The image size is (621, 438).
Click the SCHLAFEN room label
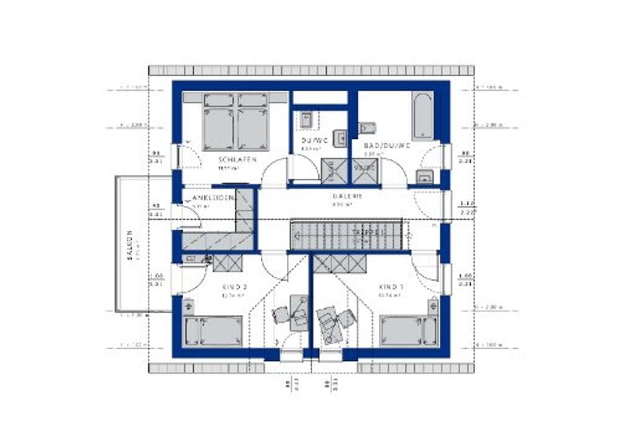[238, 159]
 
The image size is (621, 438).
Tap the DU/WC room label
[314, 141]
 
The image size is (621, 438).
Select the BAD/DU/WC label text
[387, 146]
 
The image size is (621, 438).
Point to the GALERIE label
[347, 196]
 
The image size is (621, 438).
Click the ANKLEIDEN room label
[213, 198]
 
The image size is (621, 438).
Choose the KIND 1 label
[391, 287]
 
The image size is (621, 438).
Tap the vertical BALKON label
[129, 245]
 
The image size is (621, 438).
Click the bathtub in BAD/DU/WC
[423, 116]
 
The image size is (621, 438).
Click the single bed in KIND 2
[213, 331]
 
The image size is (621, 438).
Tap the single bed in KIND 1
[409, 331]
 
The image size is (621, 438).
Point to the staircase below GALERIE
[346, 234]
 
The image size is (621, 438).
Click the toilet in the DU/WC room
[306, 119]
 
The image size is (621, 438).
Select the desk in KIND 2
[298, 312]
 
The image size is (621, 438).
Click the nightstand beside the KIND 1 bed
[432, 306]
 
